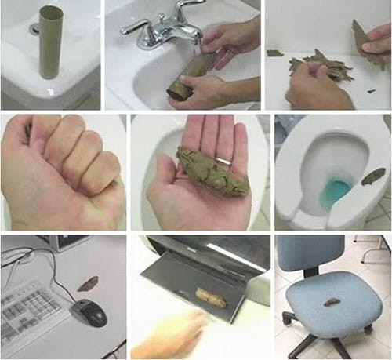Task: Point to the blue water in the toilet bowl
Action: click(x=337, y=190)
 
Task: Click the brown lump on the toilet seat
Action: click(x=373, y=176)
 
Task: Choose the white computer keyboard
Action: click(x=31, y=314)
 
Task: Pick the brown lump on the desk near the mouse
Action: click(x=88, y=282)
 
